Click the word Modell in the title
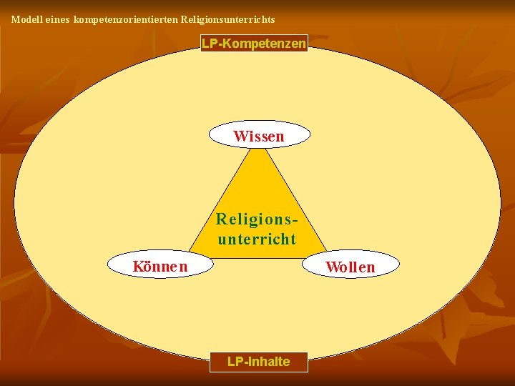tap(25, 20)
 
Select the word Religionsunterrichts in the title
tap(228, 20)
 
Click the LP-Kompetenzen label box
tap(254, 44)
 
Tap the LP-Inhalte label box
tap(258, 362)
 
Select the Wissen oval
tap(259, 135)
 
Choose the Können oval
tap(160, 267)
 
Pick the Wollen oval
tap(350, 267)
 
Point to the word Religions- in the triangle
tap(257, 218)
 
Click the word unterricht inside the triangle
tap(257, 239)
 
